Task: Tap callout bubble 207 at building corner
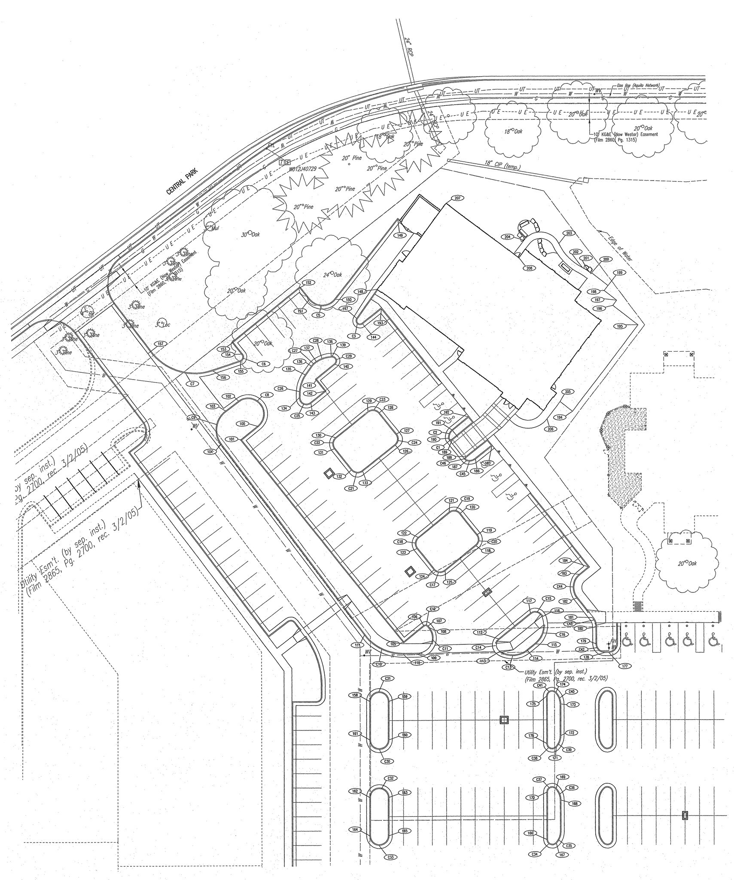(457, 198)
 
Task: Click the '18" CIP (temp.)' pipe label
(502, 165)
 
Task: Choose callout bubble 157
(161, 344)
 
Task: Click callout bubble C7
(192, 383)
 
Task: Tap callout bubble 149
(400, 236)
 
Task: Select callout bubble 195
(619, 326)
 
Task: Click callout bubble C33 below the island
(390, 857)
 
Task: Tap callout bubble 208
(529, 268)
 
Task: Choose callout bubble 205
(568, 392)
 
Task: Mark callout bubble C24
(414, 442)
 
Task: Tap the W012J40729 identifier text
(302, 169)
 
